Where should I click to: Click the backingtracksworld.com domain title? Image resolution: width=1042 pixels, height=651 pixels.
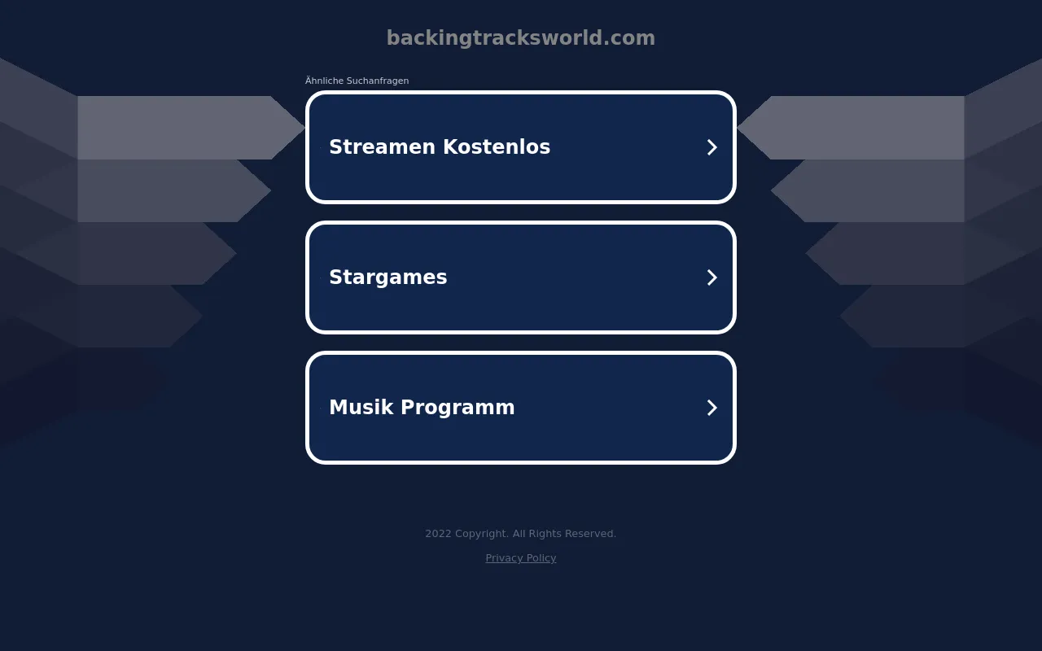[x=520, y=37]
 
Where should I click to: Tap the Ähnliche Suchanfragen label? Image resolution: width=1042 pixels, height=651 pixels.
[x=357, y=81]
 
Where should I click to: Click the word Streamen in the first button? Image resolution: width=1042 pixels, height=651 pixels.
[x=382, y=147]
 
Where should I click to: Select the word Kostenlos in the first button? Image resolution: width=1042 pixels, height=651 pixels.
[x=497, y=147]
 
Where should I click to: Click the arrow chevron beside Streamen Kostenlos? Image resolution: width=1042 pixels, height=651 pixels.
[x=711, y=147]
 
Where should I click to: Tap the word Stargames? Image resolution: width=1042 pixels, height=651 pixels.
[x=388, y=277]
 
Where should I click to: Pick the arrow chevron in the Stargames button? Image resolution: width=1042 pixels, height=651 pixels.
[x=711, y=277]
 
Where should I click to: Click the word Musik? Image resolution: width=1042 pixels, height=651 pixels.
[x=361, y=408]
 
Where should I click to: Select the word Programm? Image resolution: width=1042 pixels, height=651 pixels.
[x=458, y=409]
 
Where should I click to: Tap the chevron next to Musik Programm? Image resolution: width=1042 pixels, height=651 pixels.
[x=711, y=408]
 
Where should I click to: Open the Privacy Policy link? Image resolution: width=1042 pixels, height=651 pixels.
[x=520, y=558]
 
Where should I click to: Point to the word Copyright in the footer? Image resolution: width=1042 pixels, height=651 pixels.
[x=482, y=534]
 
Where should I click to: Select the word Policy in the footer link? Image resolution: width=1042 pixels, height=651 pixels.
[x=541, y=558]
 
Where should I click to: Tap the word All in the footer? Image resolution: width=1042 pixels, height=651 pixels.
[x=519, y=533]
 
